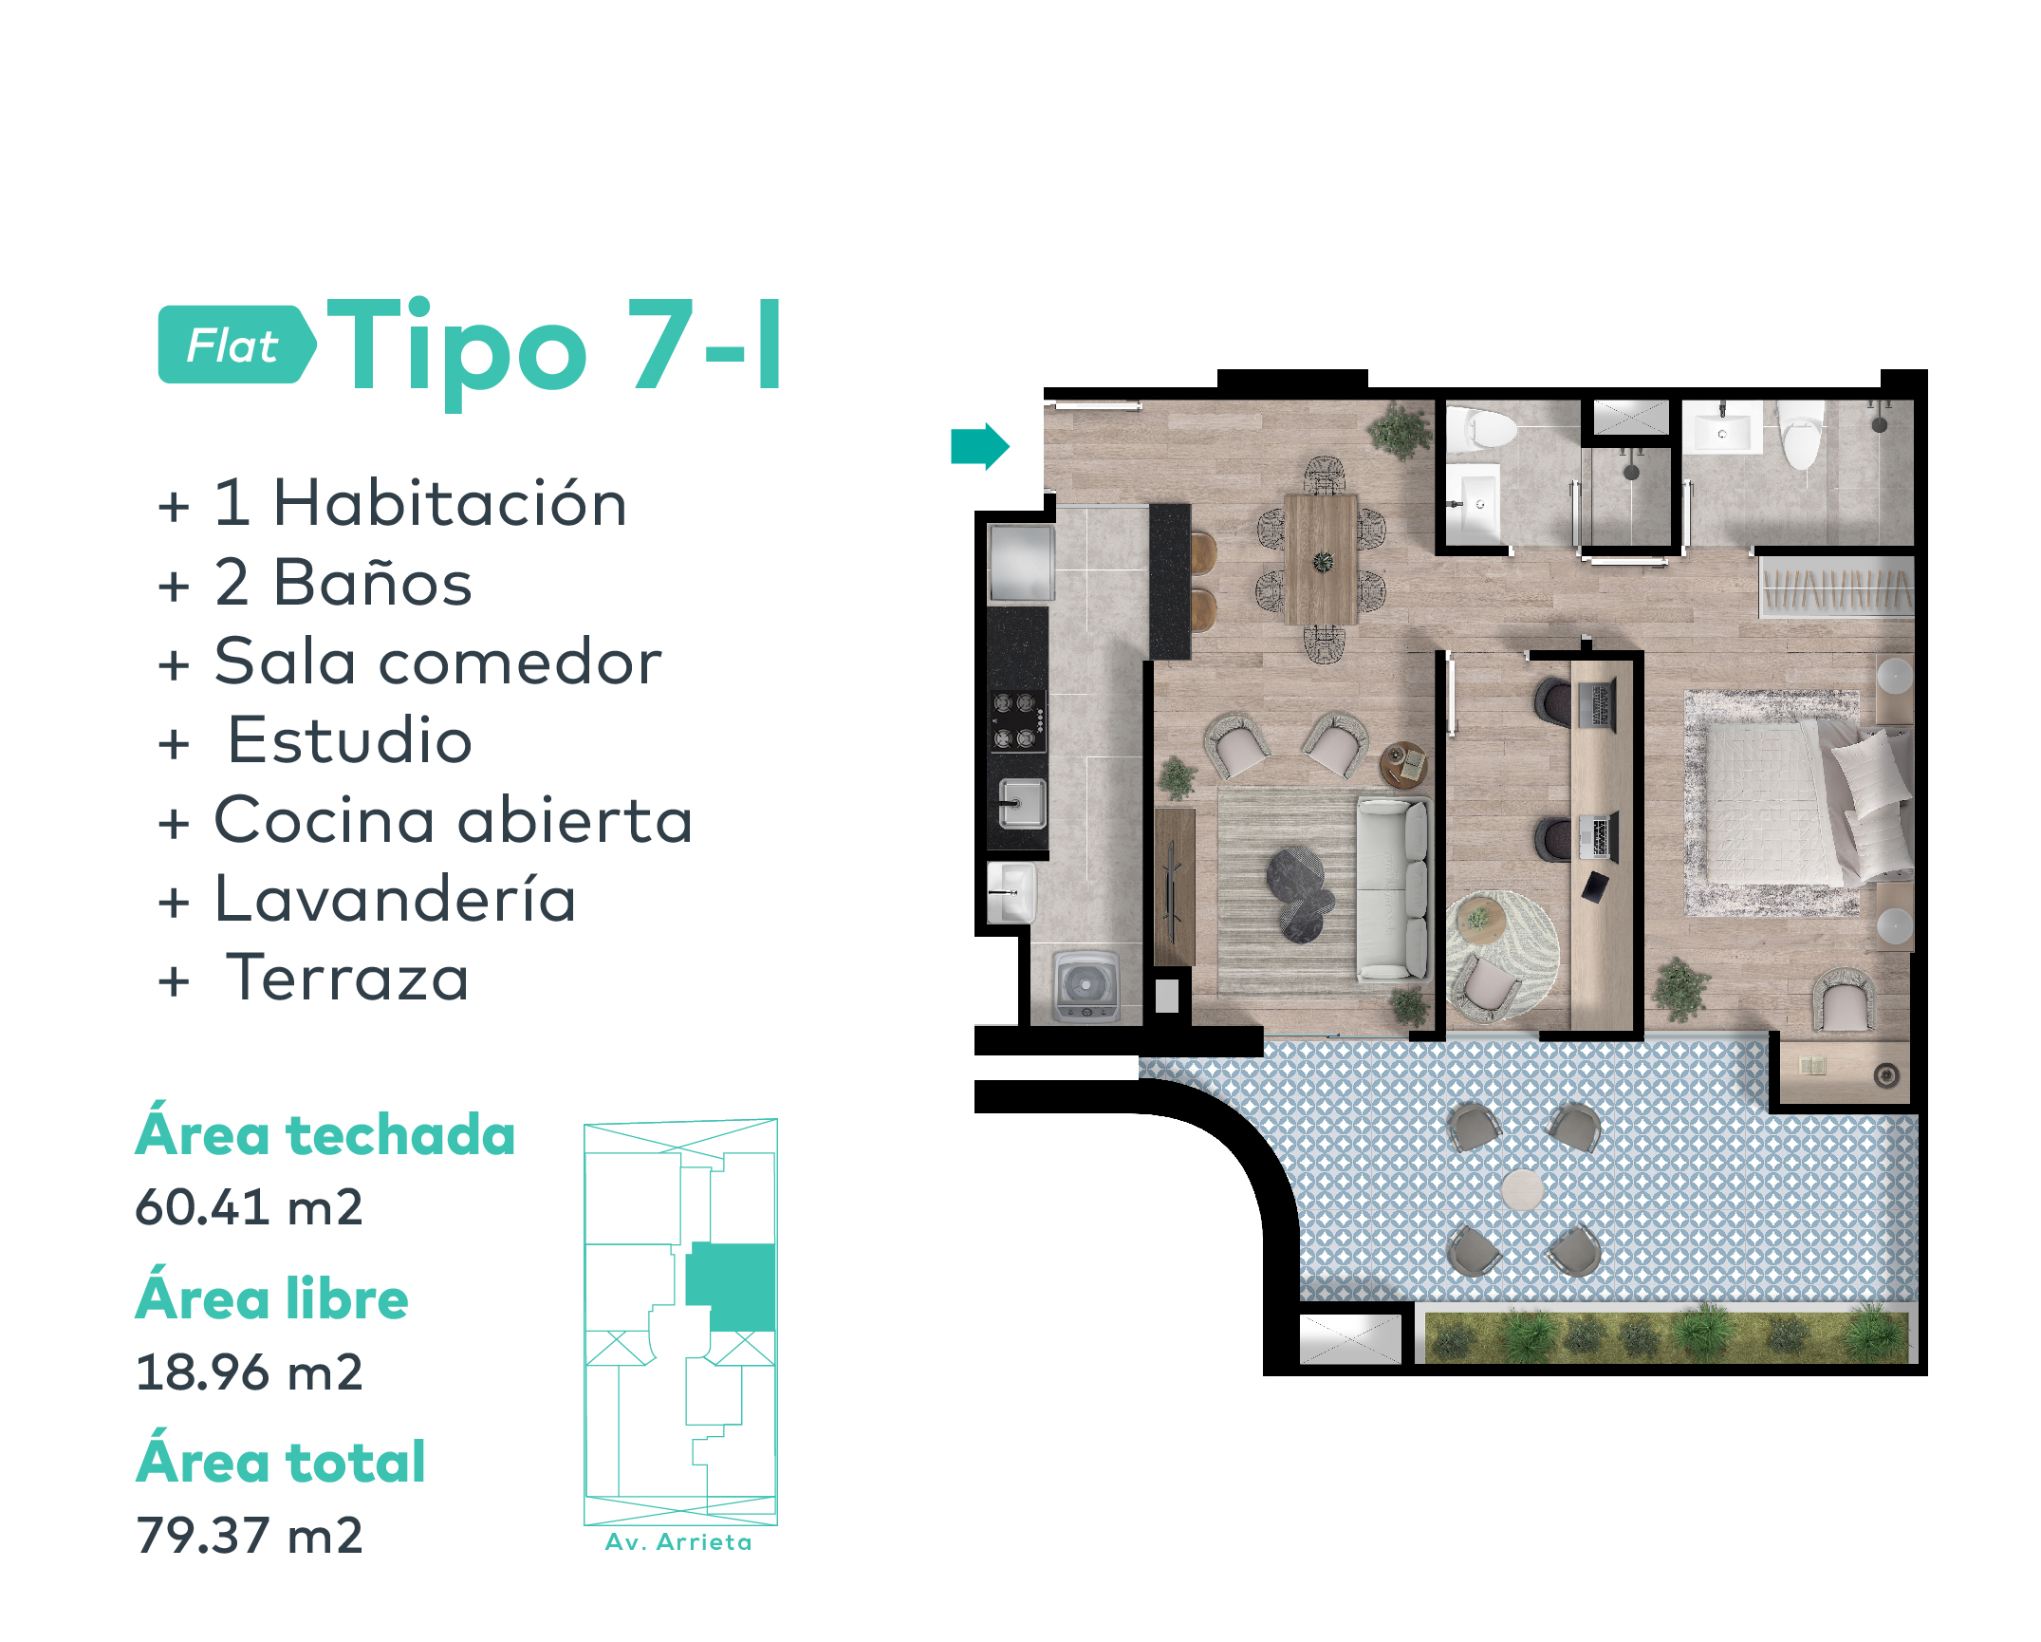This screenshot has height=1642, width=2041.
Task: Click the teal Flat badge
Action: [236, 345]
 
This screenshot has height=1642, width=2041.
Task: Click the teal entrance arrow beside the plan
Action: [979, 446]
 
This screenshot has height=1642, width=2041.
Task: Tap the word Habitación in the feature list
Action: [450, 503]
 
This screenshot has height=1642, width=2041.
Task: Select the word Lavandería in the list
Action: [396, 899]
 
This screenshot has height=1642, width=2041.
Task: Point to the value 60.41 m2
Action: [250, 1207]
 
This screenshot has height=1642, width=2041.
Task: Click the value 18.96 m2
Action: [250, 1372]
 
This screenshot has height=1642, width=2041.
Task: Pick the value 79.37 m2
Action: [250, 1536]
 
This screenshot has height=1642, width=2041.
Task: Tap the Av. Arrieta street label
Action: [679, 1542]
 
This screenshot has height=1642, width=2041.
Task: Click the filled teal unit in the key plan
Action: [731, 1287]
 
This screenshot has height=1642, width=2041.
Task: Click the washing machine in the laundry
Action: [1086, 987]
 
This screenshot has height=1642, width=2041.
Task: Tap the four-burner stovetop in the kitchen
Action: [1018, 721]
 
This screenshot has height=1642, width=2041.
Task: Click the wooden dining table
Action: [1321, 559]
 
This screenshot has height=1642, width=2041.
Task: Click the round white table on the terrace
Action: [1522, 1189]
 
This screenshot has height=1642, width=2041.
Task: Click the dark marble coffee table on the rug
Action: [1299, 893]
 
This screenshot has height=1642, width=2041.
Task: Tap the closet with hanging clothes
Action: [1837, 588]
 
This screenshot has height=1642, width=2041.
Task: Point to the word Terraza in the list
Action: [347, 979]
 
